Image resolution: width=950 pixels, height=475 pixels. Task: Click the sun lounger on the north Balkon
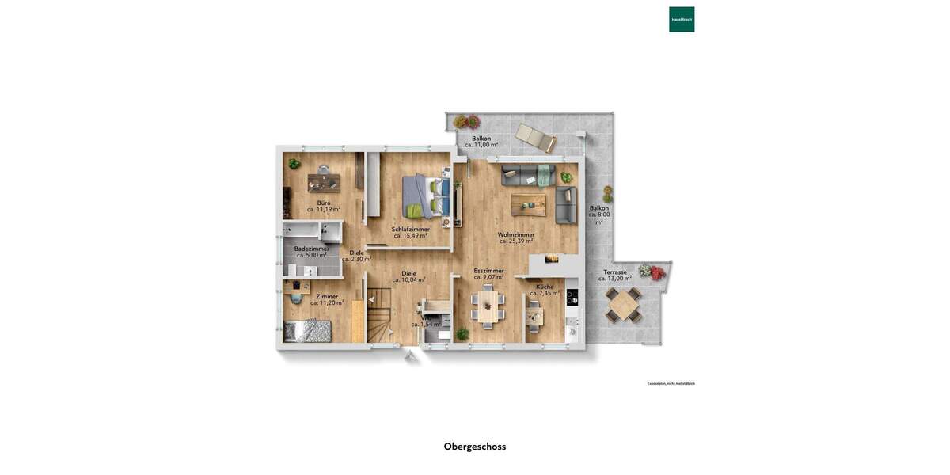536,138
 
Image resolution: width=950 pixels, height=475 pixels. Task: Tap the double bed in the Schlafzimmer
425,196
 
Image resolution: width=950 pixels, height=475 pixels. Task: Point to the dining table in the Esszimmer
487,307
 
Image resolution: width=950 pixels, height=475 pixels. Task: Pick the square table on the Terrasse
624,305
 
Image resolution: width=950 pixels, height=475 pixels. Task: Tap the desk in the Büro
324,182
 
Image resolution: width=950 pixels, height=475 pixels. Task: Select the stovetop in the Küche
572,298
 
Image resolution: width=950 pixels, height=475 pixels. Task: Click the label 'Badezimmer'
311,249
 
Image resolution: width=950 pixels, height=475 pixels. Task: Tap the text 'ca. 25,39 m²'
516,241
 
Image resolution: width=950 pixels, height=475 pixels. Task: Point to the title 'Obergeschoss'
475,446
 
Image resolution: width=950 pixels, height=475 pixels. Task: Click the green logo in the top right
682,19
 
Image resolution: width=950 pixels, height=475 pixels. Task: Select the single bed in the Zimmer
308,332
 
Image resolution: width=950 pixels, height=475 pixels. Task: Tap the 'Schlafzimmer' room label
410,229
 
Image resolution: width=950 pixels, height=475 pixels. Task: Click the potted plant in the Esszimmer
462,334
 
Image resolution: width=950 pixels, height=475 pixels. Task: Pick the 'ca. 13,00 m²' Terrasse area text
615,279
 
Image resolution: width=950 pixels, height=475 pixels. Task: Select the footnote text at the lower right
671,383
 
